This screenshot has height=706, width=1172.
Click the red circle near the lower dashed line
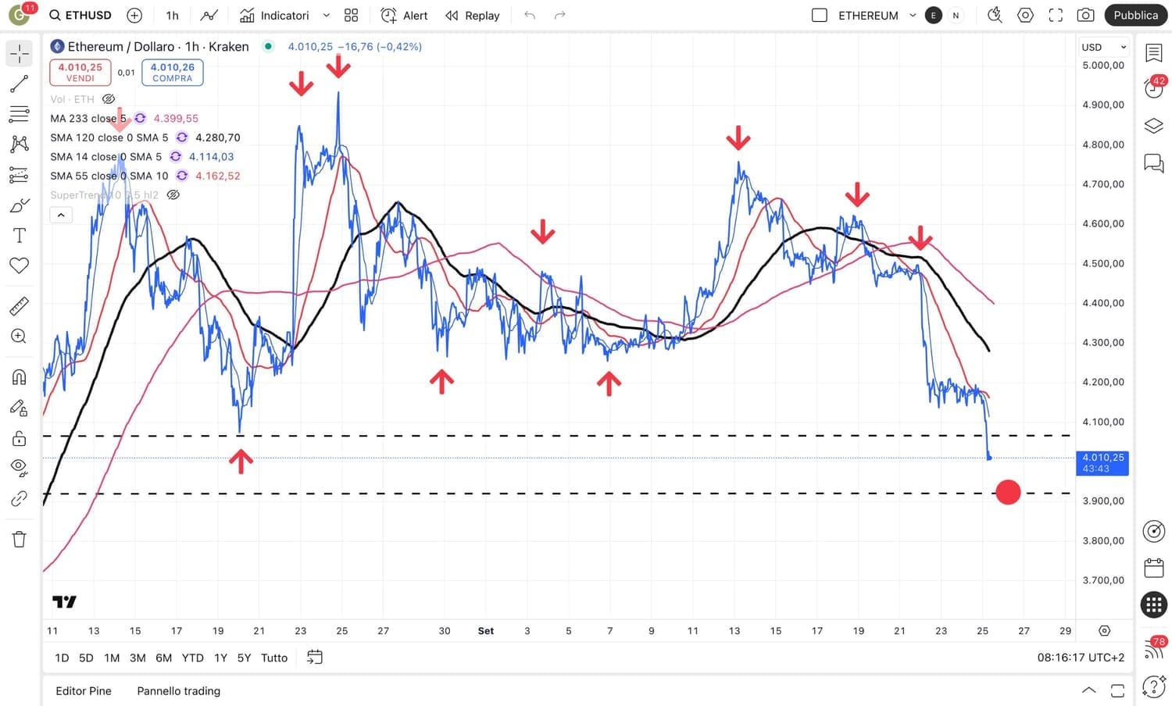point(1008,492)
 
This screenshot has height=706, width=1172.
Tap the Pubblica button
point(1135,15)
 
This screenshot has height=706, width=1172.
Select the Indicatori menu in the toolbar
point(275,15)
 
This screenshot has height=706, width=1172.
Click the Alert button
point(405,15)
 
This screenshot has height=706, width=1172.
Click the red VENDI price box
point(80,72)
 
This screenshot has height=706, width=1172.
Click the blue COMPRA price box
point(173,72)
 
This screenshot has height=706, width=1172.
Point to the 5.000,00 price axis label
point(1103,66)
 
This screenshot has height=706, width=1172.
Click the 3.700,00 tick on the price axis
point(1103,580)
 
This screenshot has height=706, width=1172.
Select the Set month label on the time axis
point(486,631)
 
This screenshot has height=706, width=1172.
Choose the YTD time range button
point(192,658)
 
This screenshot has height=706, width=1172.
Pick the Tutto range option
point(274,658)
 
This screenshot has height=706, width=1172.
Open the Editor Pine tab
point(84,691)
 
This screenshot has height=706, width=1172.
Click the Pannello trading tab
point(179,691)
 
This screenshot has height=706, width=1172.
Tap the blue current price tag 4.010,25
point(1102,462)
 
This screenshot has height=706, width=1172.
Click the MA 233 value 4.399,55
point(176,119)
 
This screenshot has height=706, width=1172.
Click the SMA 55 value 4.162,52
point(218,176)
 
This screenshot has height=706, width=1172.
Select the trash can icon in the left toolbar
point(20,539)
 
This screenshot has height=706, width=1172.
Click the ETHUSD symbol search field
point(80,15)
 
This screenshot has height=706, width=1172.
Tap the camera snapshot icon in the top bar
point(1085,15)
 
